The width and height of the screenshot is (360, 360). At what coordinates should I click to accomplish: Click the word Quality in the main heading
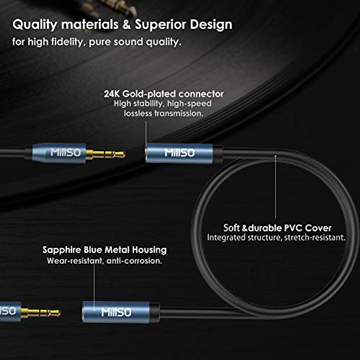[35, 25]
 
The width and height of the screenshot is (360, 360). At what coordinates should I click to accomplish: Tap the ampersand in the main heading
[127, 25]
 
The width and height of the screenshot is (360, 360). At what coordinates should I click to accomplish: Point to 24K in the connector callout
[112, 94]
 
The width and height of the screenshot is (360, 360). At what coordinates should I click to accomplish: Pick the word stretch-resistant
[315, 238]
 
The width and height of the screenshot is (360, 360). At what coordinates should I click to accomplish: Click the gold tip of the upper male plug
[120, 154]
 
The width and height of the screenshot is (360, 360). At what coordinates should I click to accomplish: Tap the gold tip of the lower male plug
[55, 313]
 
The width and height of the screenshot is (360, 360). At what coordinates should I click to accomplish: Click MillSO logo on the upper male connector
[66, 152]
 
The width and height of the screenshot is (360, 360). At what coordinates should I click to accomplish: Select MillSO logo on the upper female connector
[179, 153]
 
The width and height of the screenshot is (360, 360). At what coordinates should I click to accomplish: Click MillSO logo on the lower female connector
[116, 312]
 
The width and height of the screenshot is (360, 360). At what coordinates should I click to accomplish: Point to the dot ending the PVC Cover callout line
[275, 156]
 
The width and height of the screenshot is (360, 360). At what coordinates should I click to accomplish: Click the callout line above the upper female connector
[146, 133]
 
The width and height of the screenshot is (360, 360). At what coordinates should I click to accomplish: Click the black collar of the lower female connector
[154, 313]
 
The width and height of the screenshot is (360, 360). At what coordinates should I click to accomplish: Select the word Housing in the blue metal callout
[149, 250]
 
